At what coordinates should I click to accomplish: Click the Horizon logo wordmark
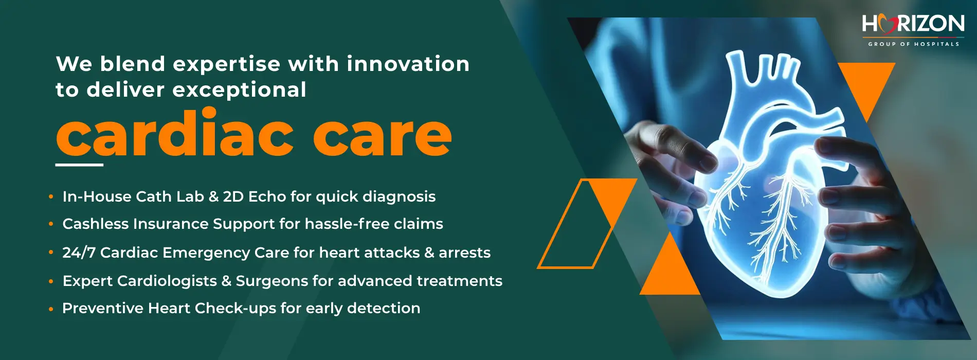pyautogui.click(x=913, y=24)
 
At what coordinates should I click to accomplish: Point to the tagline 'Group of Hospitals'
pyautogui.click(x=914, y=44)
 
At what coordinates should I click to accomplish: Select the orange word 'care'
pyautogui.click(x=383, y=136)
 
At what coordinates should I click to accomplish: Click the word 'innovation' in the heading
pyautogui.click(x=408, y=64)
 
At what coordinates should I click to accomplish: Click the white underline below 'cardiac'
pyautogui.click(x=79, y=165)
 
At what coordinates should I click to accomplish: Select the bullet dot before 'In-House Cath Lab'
pyautogui.click(x=51, y=196)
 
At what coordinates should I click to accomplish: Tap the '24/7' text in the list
pyautogui.click(x=79, y=253)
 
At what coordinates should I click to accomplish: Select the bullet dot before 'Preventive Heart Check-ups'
pyautogui.click(x=51, y=310)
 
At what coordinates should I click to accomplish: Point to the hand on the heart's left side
pyautogui.click(x=668, y=159)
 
